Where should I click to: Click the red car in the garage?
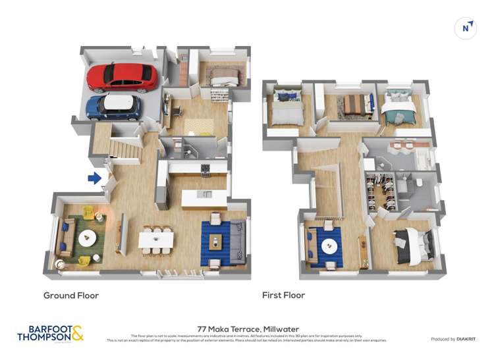(x=123, y=77)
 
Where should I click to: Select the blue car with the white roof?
(x=114, y=106)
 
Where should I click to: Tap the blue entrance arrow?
(x=95, y=178)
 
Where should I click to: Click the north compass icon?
(x=466, y=28)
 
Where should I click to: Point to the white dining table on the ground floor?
(x=156, y=238)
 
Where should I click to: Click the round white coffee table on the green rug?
(x=88, y=238)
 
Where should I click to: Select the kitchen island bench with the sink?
(x=205, y=196)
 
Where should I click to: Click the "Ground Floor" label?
(x=71, y=296)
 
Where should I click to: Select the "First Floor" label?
(x=283, y=296)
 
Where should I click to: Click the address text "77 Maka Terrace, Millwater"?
(x=247, y=327)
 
